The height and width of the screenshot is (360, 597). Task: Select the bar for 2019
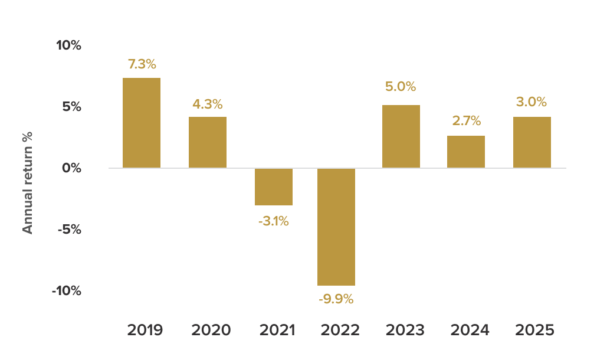tap(142, 123)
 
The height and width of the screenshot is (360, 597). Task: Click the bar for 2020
tap(208, 142)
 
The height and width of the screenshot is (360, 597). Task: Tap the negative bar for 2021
tap(274, 186)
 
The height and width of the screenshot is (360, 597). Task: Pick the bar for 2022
tap(336, 227)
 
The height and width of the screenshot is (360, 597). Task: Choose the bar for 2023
tap(401, 136)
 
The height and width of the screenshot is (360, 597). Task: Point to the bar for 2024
tap(466, 152)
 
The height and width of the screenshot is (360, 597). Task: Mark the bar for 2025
tap(532, 142)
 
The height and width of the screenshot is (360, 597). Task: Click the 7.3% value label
tap(142, 64)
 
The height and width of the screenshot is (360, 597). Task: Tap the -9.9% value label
tap(336, 299)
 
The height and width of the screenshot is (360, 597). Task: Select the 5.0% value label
tap(401, 87)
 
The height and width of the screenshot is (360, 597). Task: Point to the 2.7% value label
tap(467, 121)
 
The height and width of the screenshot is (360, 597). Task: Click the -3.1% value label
tap(274, 222)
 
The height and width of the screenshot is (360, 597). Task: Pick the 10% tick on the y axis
tap(69, 45)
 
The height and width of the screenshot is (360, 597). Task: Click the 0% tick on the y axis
tap(71, 168)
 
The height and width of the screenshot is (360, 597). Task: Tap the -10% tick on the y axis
tap(66, 291)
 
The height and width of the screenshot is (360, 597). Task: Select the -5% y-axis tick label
tap(68, 229)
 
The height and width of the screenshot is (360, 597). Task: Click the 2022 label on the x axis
tap(340, 330)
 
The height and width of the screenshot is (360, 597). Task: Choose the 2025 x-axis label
tap(534, 330)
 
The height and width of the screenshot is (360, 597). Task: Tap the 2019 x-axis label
tap(145, 330)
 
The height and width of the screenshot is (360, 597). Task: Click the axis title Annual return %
tap(28, 183)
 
